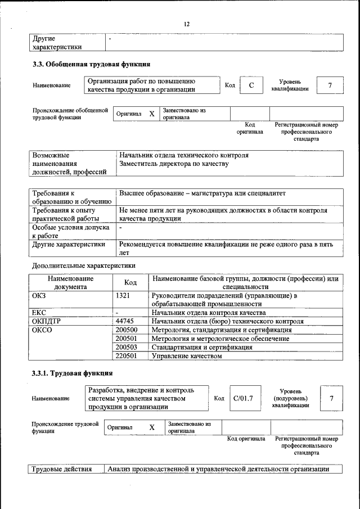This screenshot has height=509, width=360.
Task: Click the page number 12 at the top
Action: pos(187,24)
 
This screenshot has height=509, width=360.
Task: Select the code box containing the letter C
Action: pos(252,85)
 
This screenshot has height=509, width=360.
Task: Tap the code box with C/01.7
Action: pos(243,398)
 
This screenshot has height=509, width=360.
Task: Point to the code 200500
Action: pos(127,330)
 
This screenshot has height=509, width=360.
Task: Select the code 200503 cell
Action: pos(127,347)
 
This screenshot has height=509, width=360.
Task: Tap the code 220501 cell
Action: pos(127,355)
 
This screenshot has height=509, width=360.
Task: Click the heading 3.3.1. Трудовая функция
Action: pos(72,373)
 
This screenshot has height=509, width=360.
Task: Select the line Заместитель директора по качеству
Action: pos(174,164)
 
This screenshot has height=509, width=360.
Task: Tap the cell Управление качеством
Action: pos(183,355)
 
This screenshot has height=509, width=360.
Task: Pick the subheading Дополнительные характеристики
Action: pos(83,265)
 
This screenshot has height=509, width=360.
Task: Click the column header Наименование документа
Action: pos(70,282)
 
